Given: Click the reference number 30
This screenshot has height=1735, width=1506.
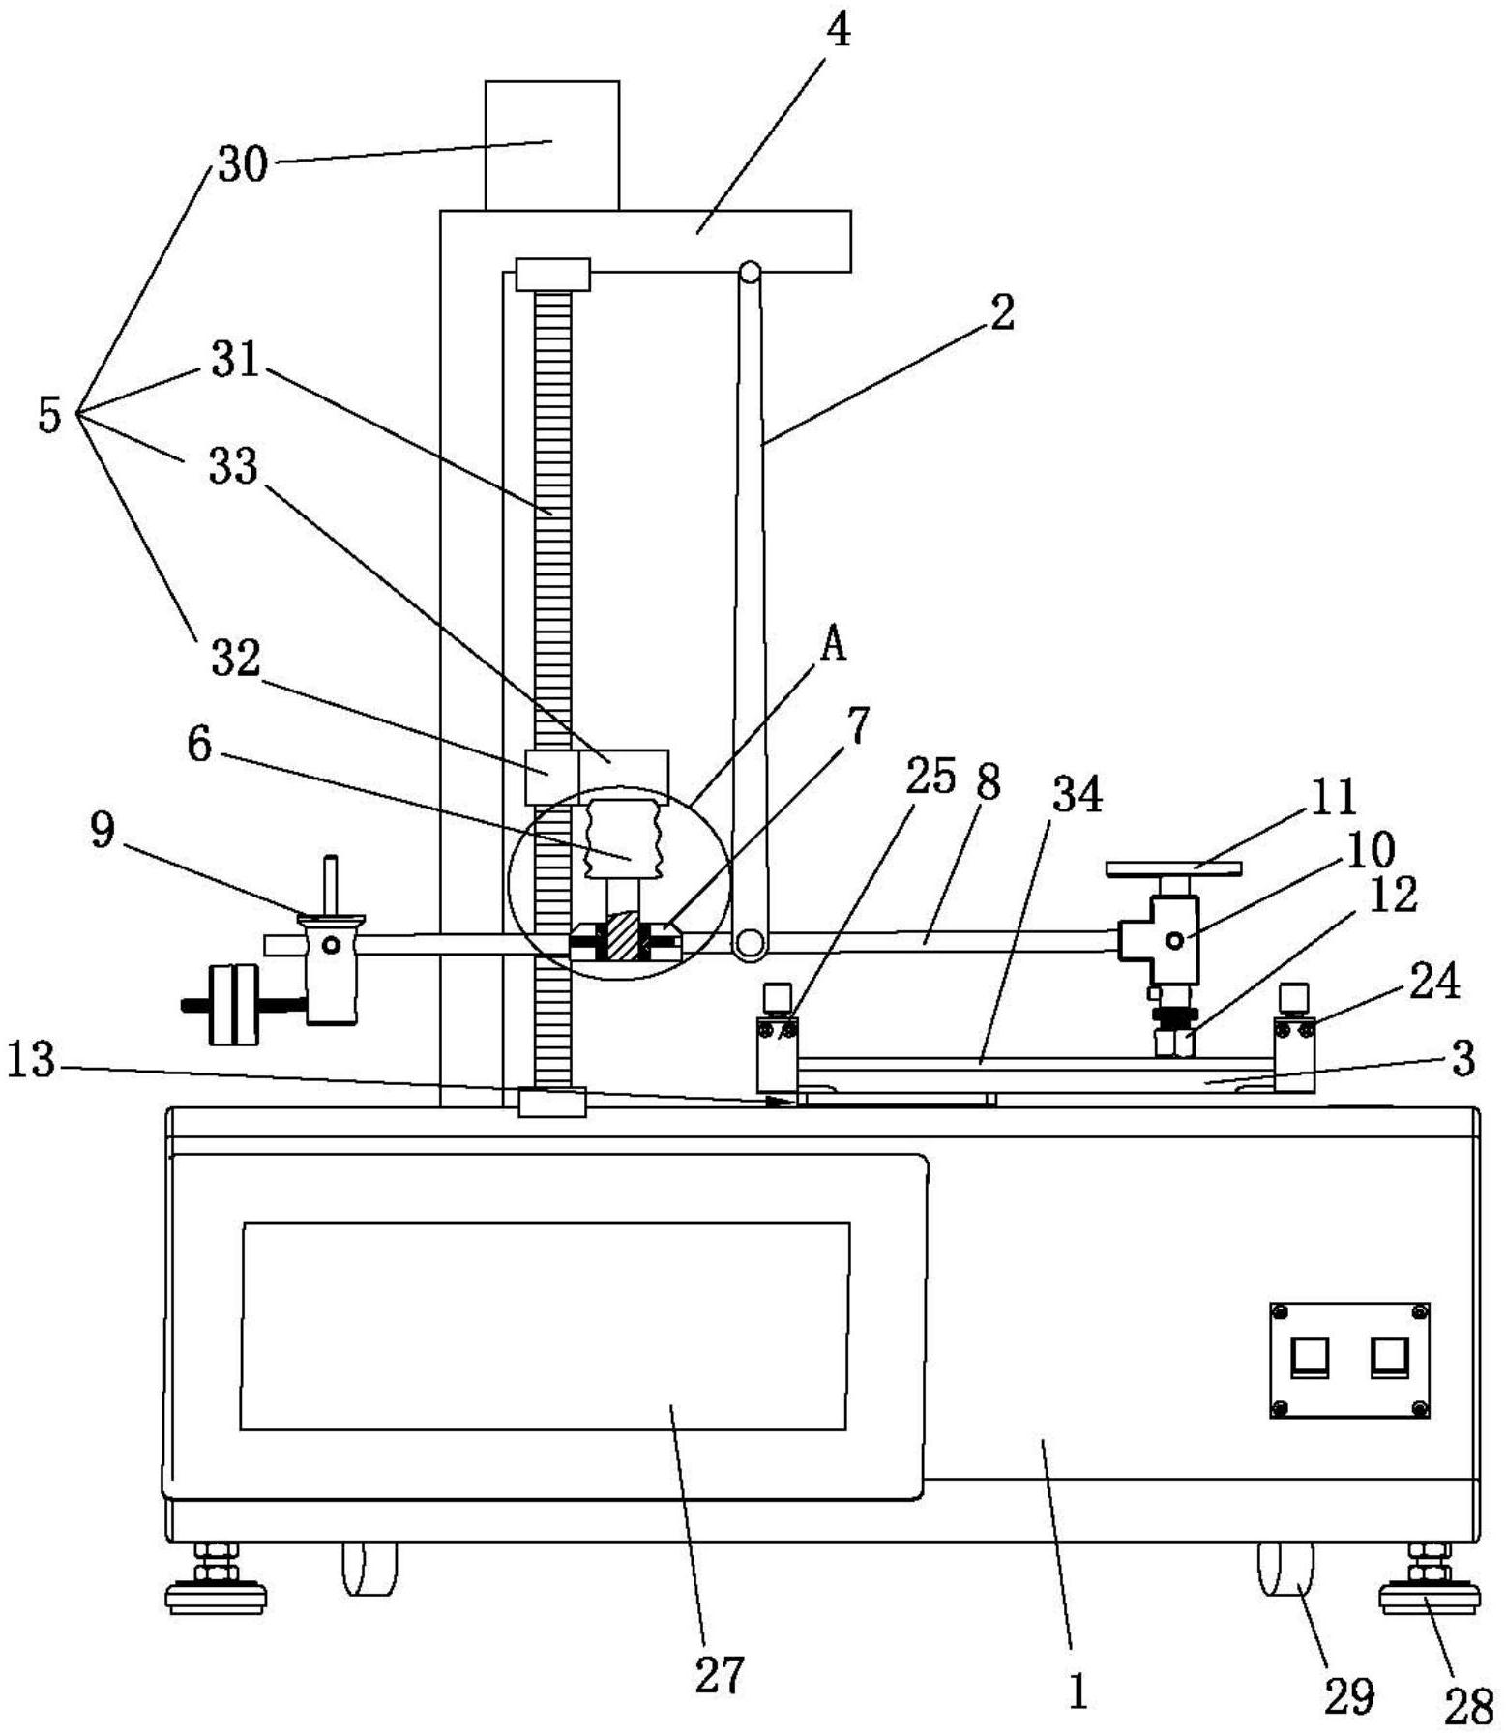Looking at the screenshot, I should [x=242, y=164].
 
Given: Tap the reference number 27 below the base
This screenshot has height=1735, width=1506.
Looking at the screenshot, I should [x=719, y=1675].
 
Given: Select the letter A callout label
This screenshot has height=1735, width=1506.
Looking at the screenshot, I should [x=832, y=643].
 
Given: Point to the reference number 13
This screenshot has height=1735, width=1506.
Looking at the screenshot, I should [x=31, y=1061].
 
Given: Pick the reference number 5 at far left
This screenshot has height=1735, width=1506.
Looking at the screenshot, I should [x=49, y=415].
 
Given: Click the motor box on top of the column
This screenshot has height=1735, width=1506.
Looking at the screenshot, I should [x=551, y=145].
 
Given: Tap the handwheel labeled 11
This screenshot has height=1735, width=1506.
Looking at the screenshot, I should [x=1172, y=868].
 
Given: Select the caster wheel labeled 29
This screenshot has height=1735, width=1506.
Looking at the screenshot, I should [x=1285, y=1572].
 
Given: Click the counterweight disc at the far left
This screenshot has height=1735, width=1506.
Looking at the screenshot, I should [x=234, y=1005].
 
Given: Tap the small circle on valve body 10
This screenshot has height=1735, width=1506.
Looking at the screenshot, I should [x=1174, y=939].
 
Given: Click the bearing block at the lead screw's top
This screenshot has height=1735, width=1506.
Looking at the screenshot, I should [x=552, y=274].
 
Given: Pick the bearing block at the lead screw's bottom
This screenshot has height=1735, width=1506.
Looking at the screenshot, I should [x=551, y=1102].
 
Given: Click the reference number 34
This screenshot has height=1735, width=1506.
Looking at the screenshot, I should [x=1078, y=795].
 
